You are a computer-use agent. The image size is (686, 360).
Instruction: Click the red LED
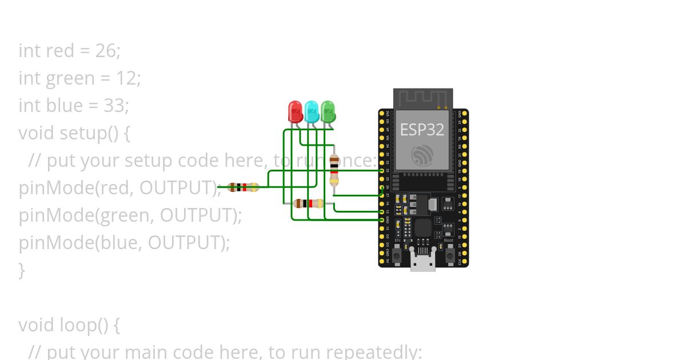pos(295,111)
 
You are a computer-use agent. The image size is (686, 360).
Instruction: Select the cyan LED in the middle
pos(311,111)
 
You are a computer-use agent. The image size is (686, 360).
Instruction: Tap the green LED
pos(328,111)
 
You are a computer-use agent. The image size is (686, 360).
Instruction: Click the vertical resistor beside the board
pos(334,170)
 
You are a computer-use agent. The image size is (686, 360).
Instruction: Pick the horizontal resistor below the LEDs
pos(308,203)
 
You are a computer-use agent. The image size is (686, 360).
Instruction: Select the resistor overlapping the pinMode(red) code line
pos(244,187)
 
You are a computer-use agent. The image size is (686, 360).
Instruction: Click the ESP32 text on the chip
pos(422,130)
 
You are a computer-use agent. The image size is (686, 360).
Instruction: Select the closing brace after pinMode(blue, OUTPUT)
pos(22,270)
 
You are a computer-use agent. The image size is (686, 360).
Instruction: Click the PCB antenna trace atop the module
pos(422,97)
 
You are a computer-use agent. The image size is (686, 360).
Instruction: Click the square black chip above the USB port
pos(423,228)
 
